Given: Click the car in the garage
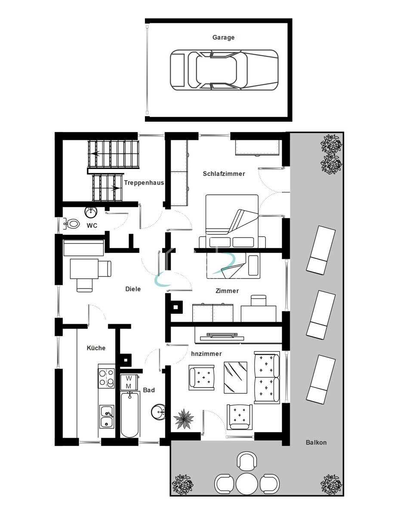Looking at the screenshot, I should (224, 69).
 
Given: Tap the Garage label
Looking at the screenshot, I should (223, 37).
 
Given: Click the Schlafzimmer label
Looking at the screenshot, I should (224, 174).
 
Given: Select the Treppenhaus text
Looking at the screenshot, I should (144, 183).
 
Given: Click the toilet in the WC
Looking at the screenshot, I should (72, 224).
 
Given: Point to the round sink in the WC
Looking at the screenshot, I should (91, 212).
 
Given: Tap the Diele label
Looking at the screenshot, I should (133, 289).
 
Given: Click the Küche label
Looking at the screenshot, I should (96, 348).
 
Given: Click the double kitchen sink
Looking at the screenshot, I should (107, 417).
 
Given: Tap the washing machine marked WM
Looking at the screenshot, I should (128, 382).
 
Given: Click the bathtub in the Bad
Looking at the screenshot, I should (129, 414).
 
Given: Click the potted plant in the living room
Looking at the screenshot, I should (184, 418).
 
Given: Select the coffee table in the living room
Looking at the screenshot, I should (235, 377).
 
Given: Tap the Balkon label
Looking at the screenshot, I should (316, 442).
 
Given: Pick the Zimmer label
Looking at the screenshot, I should (227, 291).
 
